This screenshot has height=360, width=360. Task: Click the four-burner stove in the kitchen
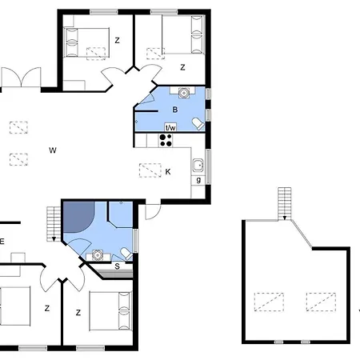pos(166,140)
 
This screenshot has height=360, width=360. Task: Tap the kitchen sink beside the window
pos(198,165)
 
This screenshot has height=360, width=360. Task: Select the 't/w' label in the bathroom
pos(170,127)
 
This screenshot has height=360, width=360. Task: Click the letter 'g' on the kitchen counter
pos(198,180)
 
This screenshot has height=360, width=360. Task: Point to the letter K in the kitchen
pos(168,172)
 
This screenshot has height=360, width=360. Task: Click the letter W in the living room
pos(53,150)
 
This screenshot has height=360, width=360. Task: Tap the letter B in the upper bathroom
pos(175,110)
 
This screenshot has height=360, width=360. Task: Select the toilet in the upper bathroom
pos(198,124)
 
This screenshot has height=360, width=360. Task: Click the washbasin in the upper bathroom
pos(184,93)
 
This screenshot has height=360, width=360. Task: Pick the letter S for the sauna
pos(117,266)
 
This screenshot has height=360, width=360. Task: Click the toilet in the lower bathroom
pos(126,254)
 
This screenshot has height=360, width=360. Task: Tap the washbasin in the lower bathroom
pos(98,255)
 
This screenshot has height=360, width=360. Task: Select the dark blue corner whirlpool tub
pos(78,216)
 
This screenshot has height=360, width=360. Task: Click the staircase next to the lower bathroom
pos(54,224)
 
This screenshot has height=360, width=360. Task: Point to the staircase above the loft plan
pos(285,204)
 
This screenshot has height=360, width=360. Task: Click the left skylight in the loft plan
pos(269,302)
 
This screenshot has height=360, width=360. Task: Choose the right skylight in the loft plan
pos(321,302)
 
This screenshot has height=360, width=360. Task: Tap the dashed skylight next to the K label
pos(150,170)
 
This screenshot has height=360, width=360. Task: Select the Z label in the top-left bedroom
pos(117,41)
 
